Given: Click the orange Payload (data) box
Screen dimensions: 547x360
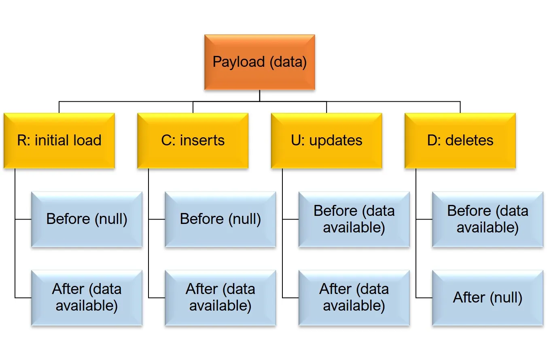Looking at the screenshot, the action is click(x=260, y=62).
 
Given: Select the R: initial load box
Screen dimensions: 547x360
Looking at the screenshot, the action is click(x=59, y=141).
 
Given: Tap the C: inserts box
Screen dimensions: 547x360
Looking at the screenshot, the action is click(x=193, y=141).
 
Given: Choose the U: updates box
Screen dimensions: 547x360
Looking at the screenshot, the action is click(x=327, y=141).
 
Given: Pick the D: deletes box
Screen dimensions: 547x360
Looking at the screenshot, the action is click(x=460, y=141).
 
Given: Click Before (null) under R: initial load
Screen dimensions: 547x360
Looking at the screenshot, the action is click(x=87, y=219).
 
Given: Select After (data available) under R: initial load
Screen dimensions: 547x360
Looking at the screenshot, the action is click(x=87, y=298).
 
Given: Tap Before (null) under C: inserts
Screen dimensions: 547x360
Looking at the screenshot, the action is click(x=220, y=219).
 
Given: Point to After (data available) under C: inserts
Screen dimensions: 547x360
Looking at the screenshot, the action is click(x=220, y=298).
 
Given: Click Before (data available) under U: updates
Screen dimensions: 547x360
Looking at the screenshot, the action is click(x=354, y=219).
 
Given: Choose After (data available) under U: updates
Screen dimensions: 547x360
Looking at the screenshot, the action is click(x=354, y=298).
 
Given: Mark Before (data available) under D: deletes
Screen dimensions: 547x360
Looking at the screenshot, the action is click(x=488, y=219).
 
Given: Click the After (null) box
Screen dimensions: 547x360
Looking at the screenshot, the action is click(x=488, y=298).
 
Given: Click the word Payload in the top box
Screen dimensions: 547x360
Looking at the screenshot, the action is click(x=239, y=62).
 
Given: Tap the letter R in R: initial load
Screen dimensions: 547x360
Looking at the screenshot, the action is click(x=22, y=140).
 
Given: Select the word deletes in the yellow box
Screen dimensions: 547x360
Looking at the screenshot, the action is click(x=469, y=140).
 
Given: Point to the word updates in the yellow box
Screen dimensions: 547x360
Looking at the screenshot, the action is click(x=336, y=141).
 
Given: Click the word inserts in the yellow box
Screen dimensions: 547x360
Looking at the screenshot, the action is click(x=202, y=140).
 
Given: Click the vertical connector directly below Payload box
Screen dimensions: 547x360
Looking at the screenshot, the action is click(x=260, y=96).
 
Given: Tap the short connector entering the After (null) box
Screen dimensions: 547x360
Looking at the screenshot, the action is click(x=424, y=298).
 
